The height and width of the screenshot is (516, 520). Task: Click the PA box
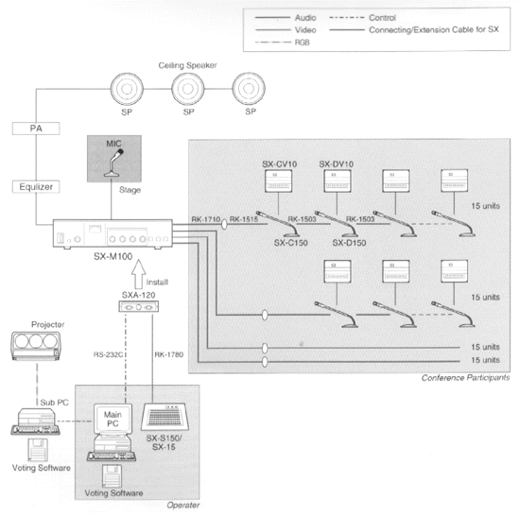36,129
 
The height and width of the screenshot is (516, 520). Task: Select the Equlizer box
36,187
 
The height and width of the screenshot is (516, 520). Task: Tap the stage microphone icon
114,163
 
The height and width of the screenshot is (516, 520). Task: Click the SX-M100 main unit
113,233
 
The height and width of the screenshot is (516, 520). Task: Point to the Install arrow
139,274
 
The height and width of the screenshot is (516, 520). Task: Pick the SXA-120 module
139,306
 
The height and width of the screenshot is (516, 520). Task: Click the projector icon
36,346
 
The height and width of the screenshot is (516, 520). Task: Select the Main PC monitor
113,419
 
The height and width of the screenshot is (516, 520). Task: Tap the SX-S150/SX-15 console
165,416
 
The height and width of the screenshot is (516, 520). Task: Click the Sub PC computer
36,421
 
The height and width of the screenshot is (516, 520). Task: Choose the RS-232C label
108,354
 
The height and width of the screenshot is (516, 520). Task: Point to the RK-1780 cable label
169,354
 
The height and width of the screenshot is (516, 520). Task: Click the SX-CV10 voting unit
278,181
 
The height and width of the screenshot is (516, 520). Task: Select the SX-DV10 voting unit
338,181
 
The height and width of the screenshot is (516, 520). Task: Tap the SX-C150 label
291,243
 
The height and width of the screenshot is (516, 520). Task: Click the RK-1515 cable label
244,219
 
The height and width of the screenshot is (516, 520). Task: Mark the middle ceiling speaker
188,89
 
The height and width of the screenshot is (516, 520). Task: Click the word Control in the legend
382,18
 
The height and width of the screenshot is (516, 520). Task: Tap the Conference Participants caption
465,378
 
